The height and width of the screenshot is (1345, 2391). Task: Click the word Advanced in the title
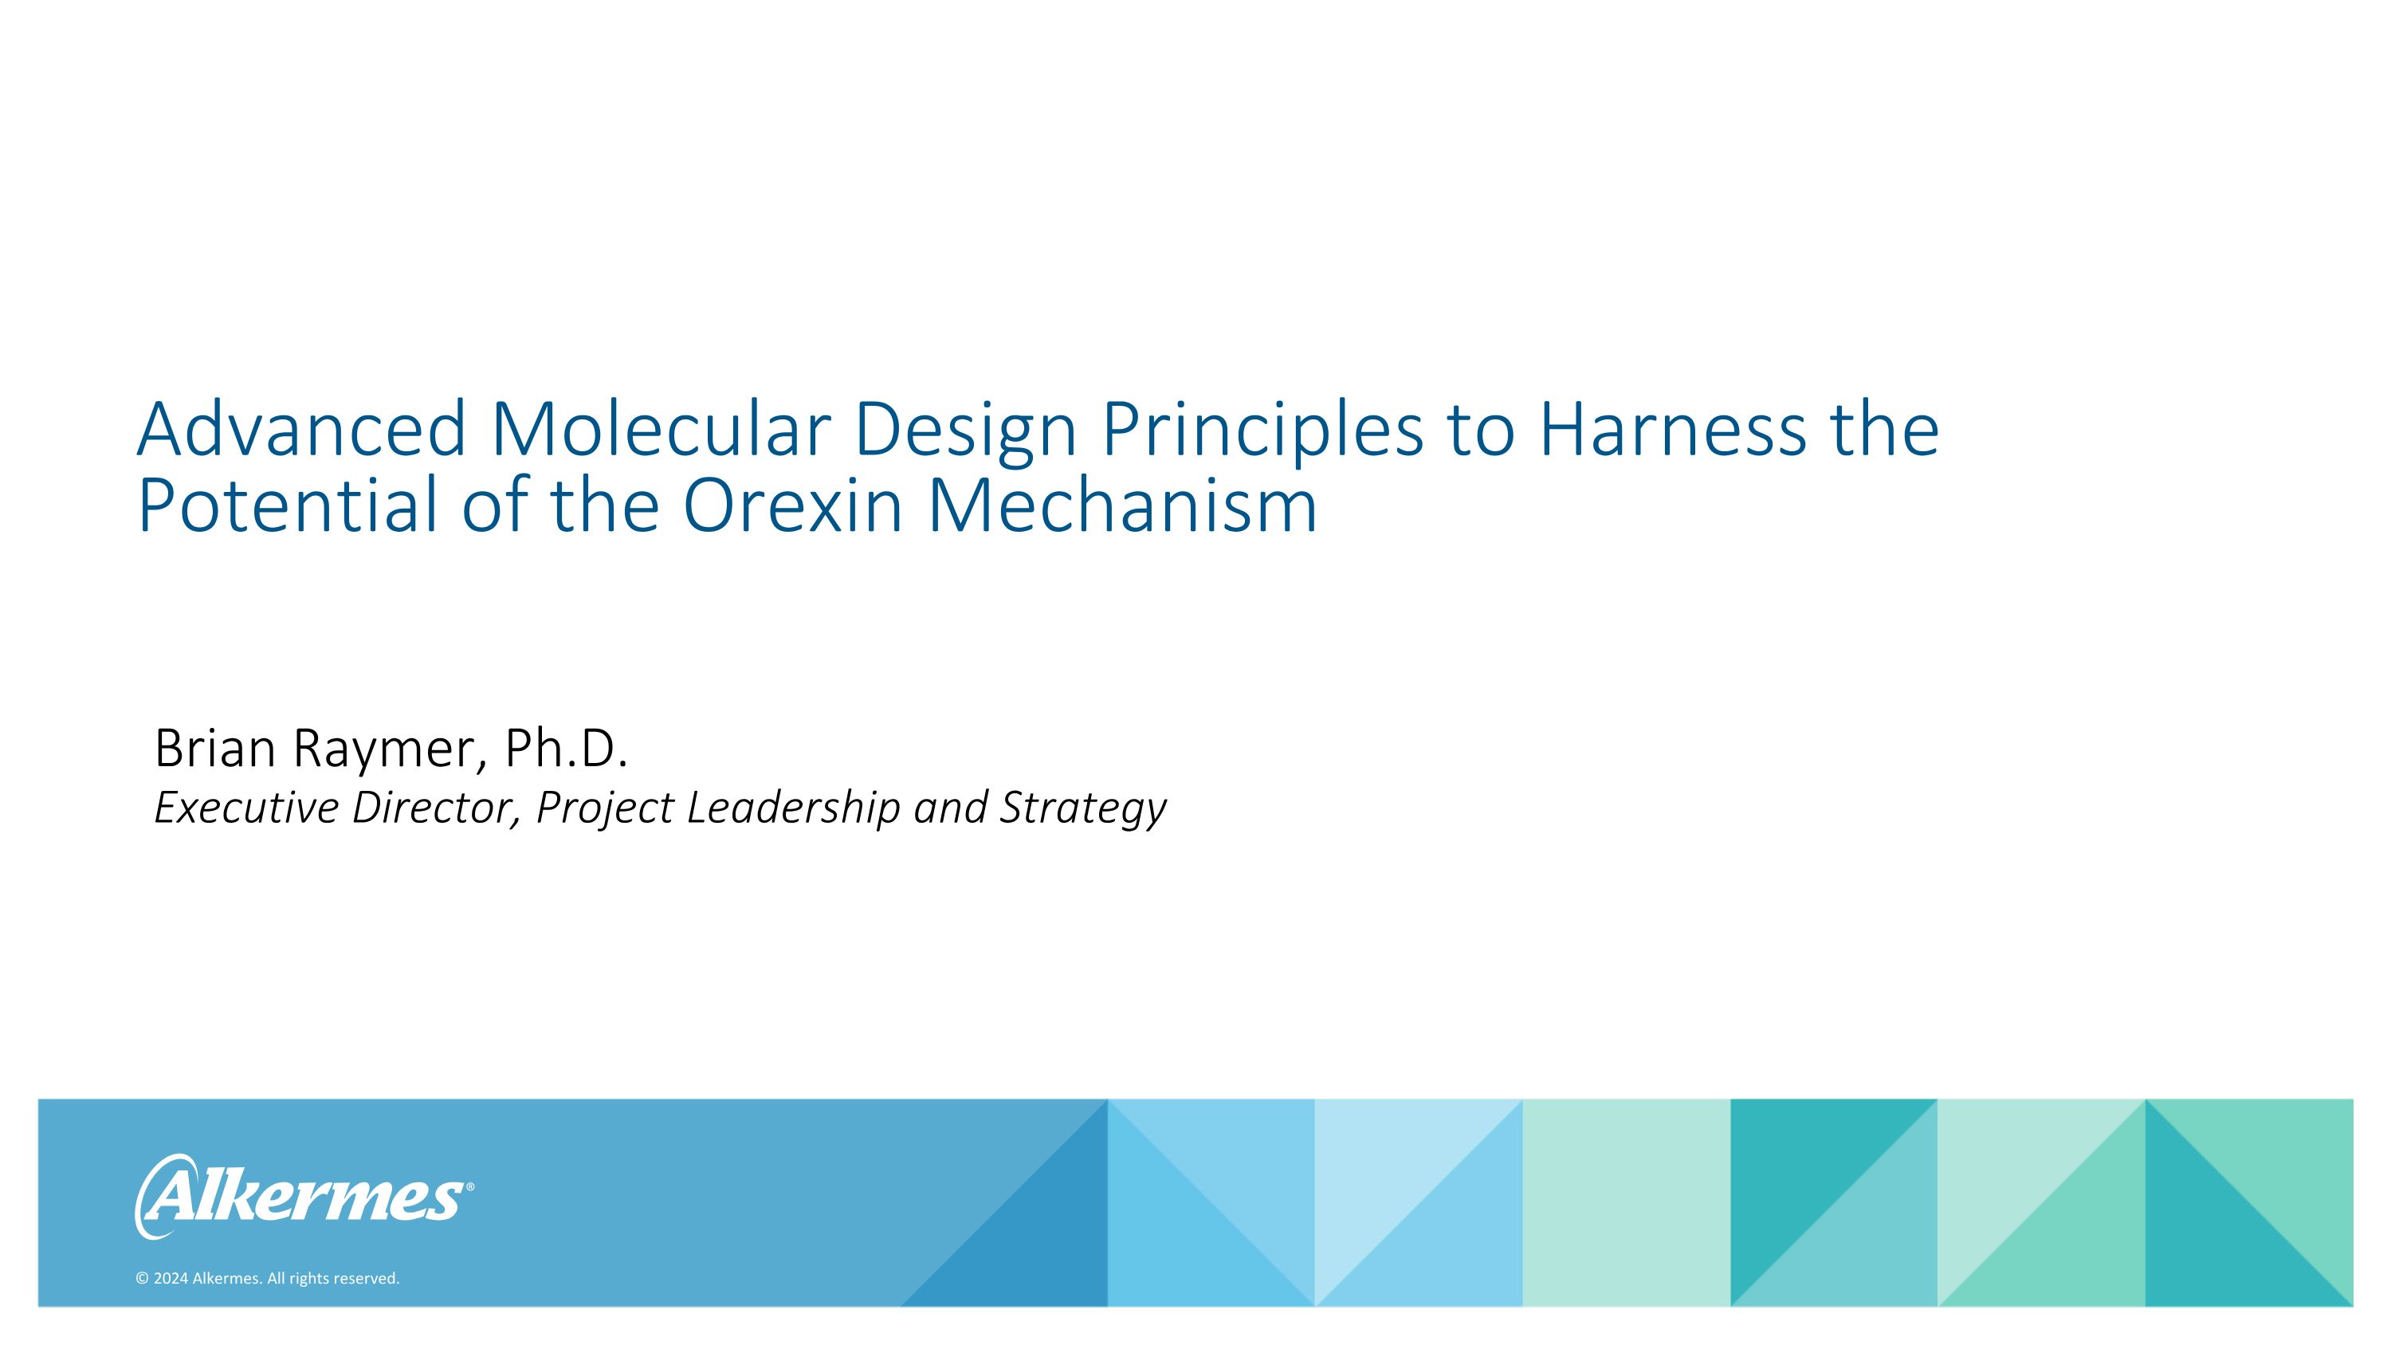[x=300, y=429]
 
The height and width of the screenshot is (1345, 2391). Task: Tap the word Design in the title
[x=965, y=429]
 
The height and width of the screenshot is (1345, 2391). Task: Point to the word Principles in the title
[x=1262, y=429]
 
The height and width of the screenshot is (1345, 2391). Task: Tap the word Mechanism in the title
[x=1122, y=506]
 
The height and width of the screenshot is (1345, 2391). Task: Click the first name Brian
[x=214, y=749]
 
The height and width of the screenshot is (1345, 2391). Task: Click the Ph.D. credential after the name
[x=565, y=749]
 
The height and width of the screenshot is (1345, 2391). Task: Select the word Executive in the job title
[x=246, y=808]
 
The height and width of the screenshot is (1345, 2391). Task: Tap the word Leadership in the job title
[x=794, y=808]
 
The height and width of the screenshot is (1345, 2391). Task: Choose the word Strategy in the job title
[x=1082, y=808]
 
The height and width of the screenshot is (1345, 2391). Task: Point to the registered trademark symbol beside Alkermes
[x=469, y=1187]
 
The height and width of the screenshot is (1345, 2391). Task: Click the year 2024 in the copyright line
[x=171, y=1279]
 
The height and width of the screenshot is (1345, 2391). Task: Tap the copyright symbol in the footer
[x=142, y=1279]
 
